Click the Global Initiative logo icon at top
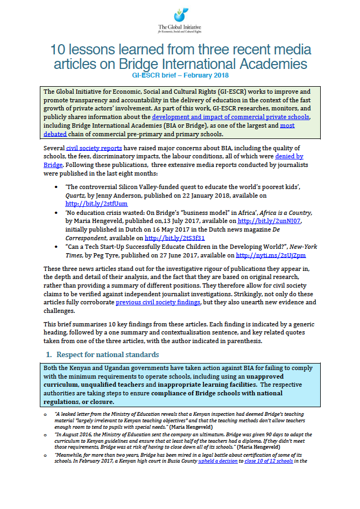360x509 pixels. [180, 15]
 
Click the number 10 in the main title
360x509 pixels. [59, 51]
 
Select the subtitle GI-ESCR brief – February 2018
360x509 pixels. [180, 76]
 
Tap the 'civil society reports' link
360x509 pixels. [95, 148]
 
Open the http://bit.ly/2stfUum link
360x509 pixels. [96, 204]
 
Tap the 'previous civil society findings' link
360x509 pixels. [158, 303]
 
